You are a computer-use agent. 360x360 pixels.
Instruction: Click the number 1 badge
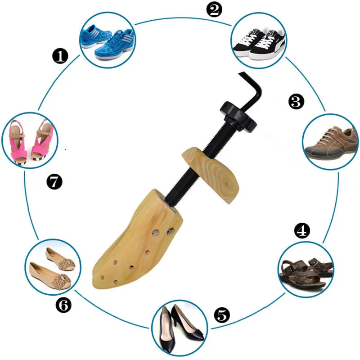click(x=60, y=56)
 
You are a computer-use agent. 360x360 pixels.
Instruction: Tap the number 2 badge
click(x=214, y=9)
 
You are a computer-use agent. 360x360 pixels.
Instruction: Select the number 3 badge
click(x=296, y=101)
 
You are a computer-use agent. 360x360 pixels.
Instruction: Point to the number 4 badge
click(x=302, y=230)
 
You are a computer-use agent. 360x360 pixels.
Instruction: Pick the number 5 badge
click(x=222, y=315)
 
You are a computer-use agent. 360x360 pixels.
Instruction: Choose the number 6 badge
click(x=63, y=305)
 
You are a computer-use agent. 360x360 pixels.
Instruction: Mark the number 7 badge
click(x=54, y=182)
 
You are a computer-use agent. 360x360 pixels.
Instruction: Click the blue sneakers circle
click(x=108, y=40)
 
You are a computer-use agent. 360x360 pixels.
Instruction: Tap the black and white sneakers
click(x=259, y=43)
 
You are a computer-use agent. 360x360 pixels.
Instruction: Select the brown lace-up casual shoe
click(x=331, y=143)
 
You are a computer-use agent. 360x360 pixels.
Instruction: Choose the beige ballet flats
click(x=53, y=268)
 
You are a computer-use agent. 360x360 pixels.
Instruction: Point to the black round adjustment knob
click(x=238, y=117)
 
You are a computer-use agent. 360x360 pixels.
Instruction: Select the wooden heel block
click(x=211, y=175)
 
